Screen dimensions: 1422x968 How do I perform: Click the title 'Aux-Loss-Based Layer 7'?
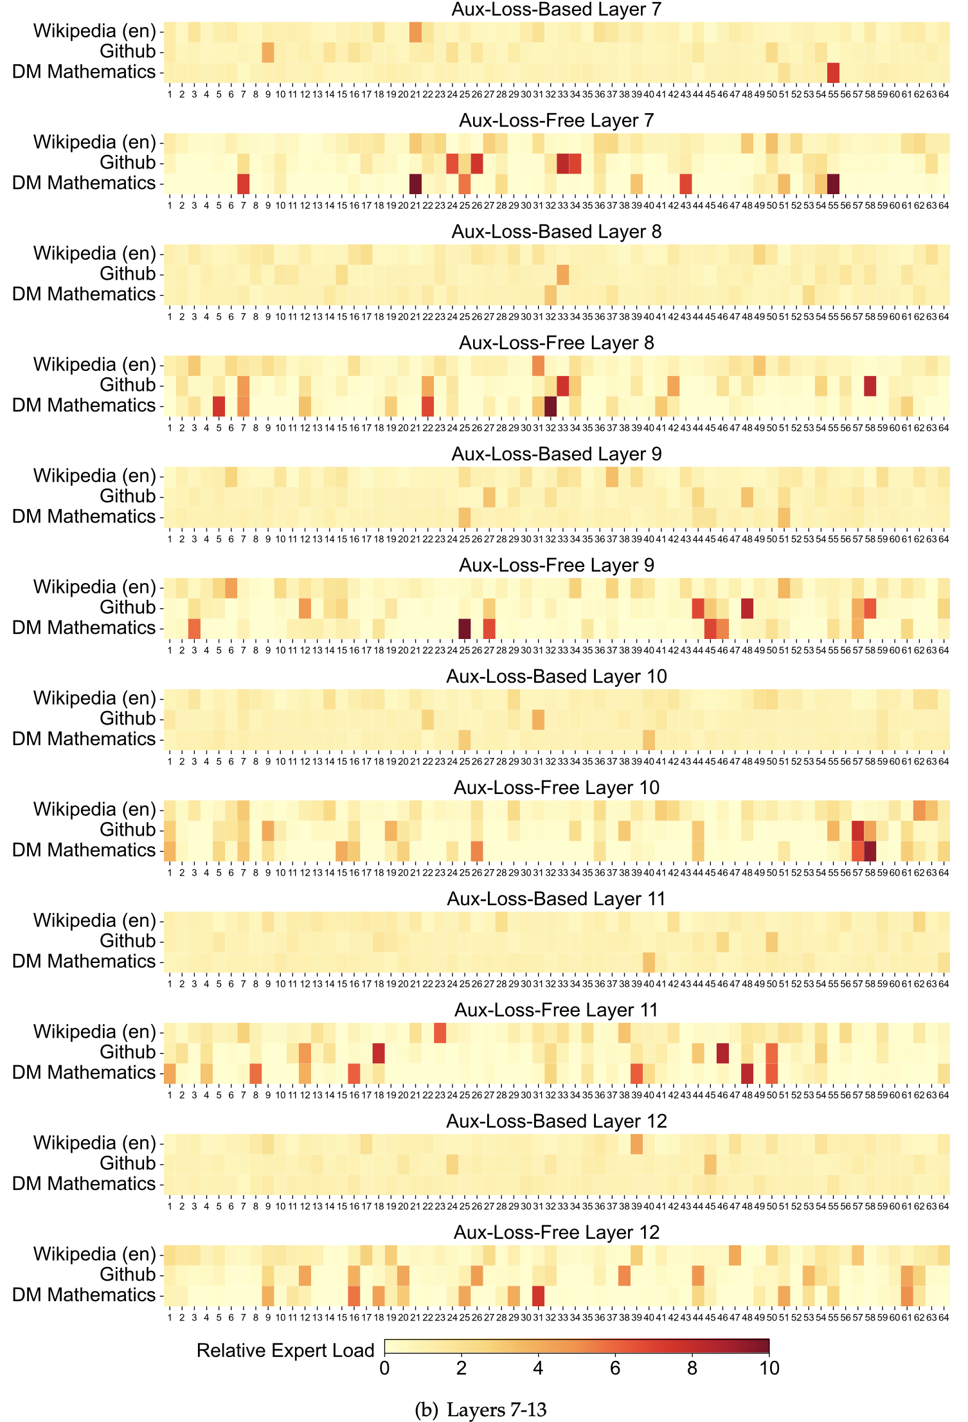[x=556, y=10]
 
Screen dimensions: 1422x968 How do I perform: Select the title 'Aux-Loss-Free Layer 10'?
[x=556, y=788]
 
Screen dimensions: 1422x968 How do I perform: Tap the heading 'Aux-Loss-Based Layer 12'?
[x=556, y=1121]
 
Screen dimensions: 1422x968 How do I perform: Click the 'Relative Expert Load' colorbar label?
[x=285, y=1350]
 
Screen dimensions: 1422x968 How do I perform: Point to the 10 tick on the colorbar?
[x=769, y=1367]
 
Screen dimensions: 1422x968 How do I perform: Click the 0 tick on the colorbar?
[x=384, y=1367]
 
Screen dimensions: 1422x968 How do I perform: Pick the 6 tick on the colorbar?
[x=615, y=1367]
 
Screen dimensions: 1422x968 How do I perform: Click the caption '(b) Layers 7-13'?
[x=481, y=1410]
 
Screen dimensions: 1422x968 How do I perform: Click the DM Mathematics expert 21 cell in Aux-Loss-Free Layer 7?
[x=415, y=184]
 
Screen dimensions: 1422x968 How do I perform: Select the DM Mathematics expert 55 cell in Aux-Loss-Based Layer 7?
[x=833, y=73]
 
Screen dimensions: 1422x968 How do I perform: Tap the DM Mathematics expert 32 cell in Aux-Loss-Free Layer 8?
[x=550, y=406]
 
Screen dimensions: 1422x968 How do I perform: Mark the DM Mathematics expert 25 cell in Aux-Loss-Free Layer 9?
[x=465, y=629]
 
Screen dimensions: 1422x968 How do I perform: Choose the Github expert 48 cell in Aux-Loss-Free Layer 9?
[x=747, y=608]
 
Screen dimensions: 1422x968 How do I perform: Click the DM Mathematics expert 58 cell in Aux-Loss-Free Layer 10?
[x=870, y=851]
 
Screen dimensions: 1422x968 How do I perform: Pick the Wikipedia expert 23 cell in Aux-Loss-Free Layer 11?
[x=440, y=1032]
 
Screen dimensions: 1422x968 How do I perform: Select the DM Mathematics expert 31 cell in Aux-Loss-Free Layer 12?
[x=538, y=1296]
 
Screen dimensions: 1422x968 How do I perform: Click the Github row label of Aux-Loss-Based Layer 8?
[x=127, y=274]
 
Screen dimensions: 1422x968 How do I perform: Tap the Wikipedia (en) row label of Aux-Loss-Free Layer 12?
[x=94, y=1254]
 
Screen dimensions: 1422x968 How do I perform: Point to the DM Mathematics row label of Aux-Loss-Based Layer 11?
[x=84, y=962]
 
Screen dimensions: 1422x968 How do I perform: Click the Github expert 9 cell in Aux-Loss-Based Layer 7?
[x=268, y=52]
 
